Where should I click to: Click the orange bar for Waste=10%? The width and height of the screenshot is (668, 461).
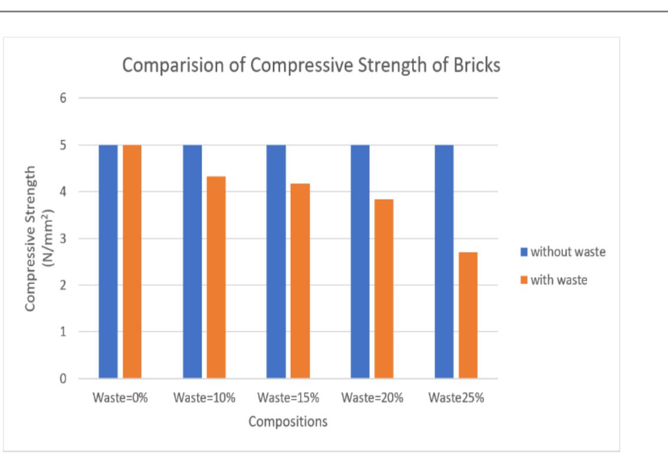coord(216,277)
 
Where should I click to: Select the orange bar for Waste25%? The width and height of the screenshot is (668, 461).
coord(468,315)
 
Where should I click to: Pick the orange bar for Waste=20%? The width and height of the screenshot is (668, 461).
coord(384,288)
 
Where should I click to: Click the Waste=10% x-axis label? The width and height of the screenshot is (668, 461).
coord(205,397)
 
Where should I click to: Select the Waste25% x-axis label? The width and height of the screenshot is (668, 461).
coord(456,397)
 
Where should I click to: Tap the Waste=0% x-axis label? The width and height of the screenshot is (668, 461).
coord(120,397)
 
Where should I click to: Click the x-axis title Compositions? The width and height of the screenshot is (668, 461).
coord(288,422)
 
